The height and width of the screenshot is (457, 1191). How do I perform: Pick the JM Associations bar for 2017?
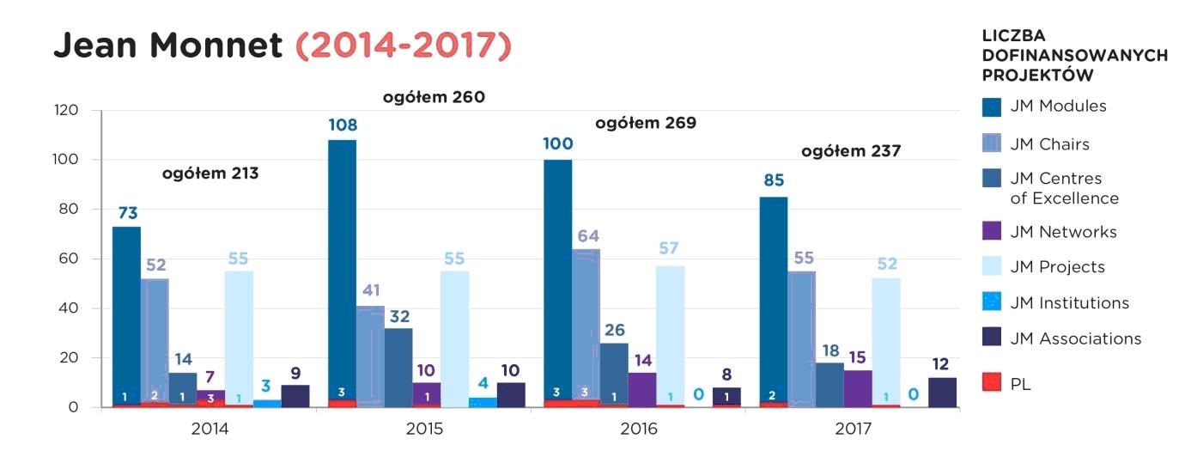click(x=942, y=392)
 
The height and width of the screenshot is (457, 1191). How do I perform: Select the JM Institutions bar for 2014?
click(x=267, y=403)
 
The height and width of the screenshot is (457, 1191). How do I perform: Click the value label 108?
click(x=343, y=125)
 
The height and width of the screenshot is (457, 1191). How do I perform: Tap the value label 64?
click(x=587, y=235)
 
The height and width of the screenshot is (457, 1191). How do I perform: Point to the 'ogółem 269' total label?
click(x=646, y=123)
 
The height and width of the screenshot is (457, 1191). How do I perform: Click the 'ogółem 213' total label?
click(x=210, y=174)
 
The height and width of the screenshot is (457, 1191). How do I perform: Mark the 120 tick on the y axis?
click(x=66, y=111)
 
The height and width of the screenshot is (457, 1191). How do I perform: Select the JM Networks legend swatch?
click(x=992, y=232)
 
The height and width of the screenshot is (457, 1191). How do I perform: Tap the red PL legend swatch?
click(x=992, y=384)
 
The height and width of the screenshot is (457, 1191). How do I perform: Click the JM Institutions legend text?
click(x=1070, y=302)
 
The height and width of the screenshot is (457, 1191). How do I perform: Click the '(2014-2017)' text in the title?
click(x=403, y=45)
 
